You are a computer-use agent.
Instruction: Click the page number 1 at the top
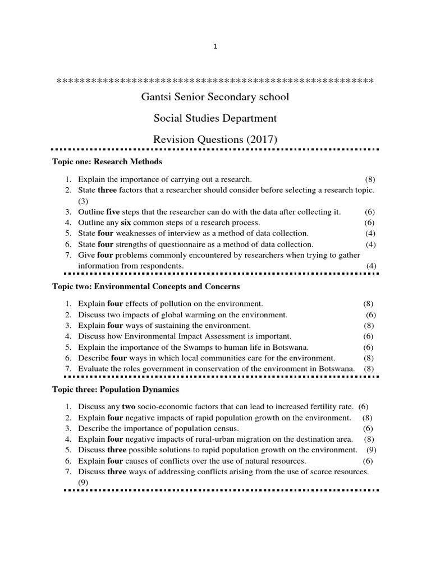(215, 47)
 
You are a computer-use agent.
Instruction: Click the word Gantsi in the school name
(155, 97)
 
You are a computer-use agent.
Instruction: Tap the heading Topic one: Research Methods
(107, 162)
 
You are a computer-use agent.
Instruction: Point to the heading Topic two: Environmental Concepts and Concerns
(145, 286)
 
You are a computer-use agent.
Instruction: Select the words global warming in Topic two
(169, 315)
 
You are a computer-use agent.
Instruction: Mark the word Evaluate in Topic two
(93, 368)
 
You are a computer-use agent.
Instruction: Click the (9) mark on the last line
(83, 482)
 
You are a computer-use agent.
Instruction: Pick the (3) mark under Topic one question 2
(83, 201)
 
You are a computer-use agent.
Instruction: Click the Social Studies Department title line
(215, 118)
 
